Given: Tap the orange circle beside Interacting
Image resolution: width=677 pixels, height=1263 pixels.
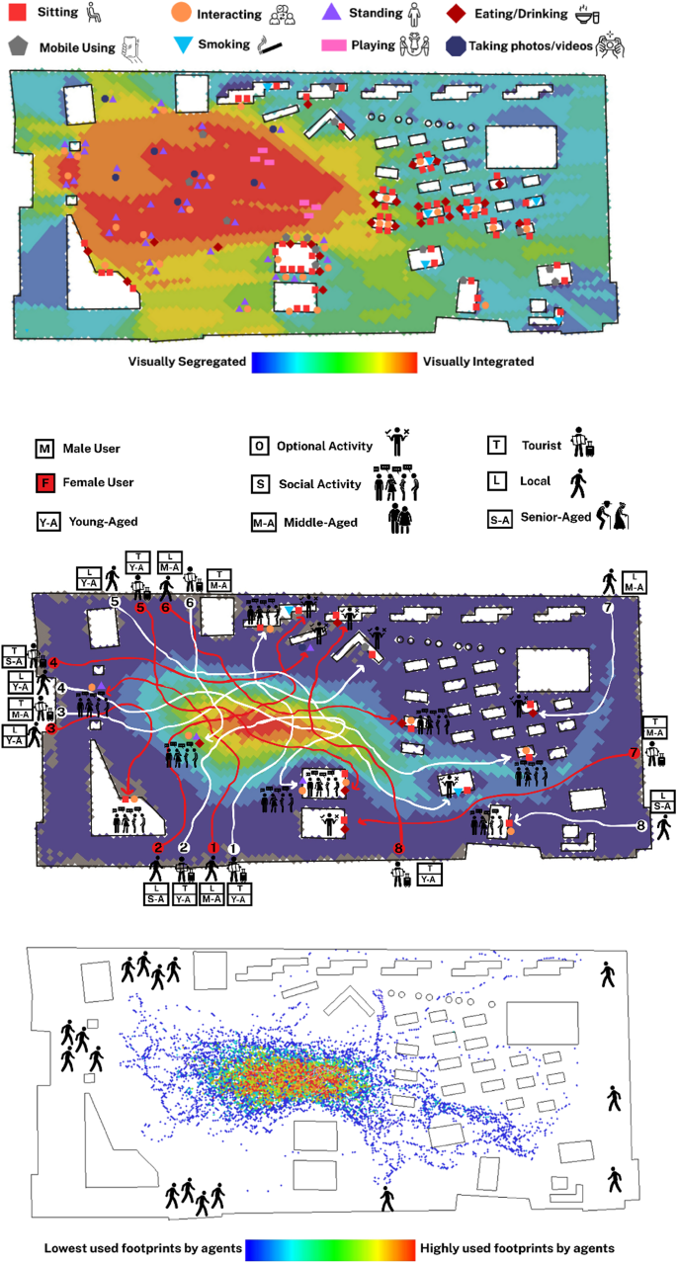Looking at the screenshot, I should click(x=181, y=15).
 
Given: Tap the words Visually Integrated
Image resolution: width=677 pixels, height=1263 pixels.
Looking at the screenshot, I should click(x=478, y=362).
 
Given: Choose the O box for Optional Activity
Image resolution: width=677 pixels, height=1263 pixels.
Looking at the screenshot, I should click(x=258, y=447).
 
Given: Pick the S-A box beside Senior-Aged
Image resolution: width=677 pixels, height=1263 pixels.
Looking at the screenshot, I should click(x=504, y=518).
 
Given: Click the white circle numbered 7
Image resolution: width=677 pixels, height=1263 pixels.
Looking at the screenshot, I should click(x=608, y=608).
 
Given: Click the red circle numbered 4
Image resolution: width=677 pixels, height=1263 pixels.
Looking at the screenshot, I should click(x=54, y=662).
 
